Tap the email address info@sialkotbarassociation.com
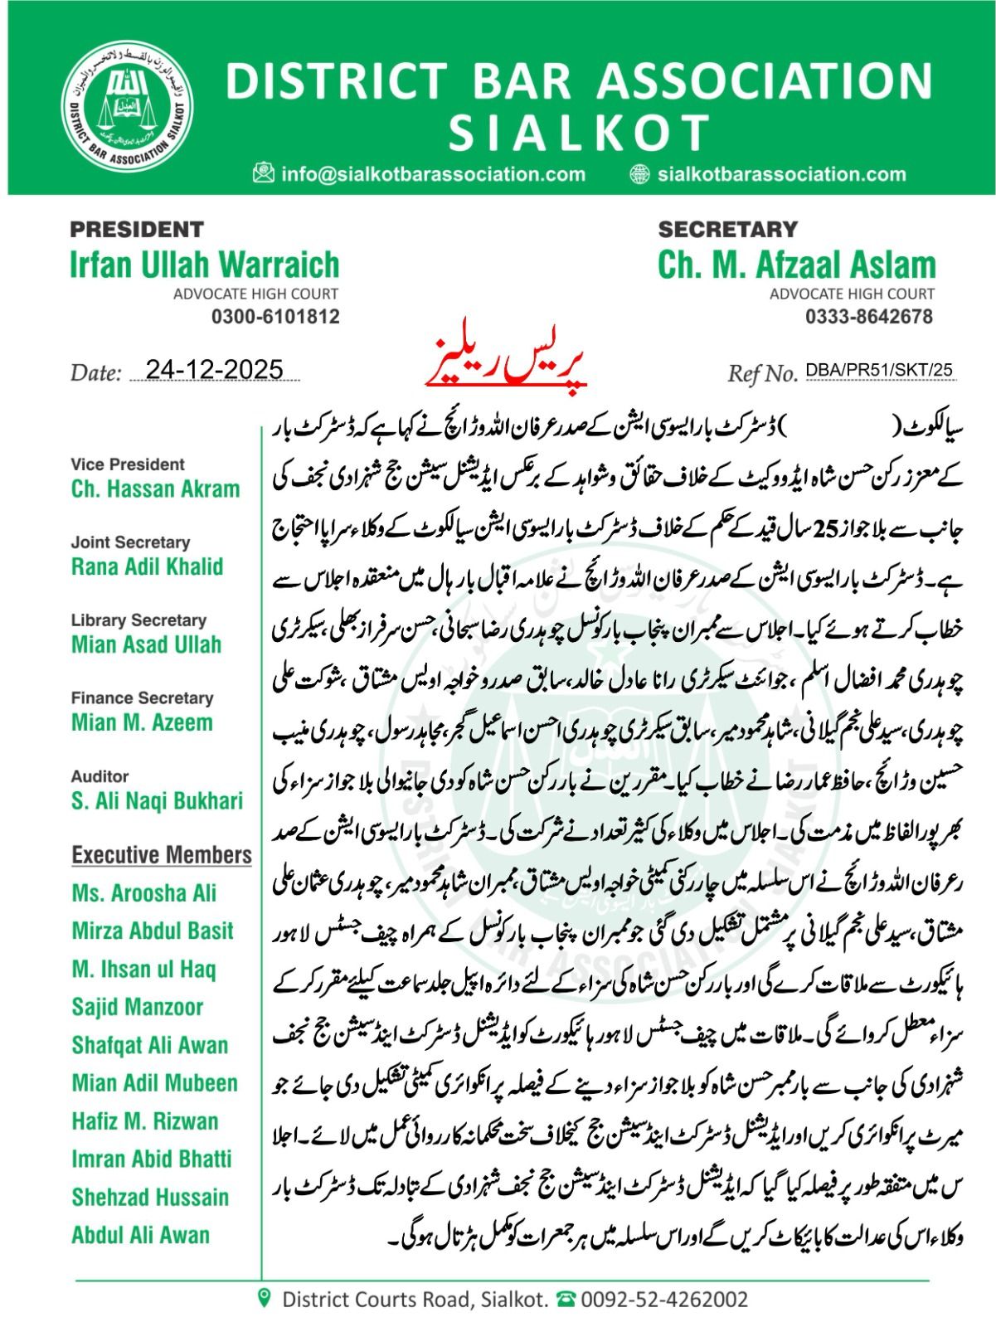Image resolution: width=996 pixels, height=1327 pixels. click(x=434, y=174)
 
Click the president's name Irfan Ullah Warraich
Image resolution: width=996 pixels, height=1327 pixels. click(x=205, y=265)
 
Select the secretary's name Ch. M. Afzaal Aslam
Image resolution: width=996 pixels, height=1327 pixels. click(x=796, y=265)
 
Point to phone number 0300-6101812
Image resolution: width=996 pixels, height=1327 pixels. click(x=275, y=317)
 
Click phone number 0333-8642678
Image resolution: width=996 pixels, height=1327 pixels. click(x=869, y=317)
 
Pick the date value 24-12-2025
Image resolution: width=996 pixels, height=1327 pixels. click(x=214, y=370)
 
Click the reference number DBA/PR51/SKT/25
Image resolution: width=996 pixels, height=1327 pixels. click(x=879, y=371)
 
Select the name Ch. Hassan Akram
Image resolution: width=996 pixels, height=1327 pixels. click(x=155, y=489)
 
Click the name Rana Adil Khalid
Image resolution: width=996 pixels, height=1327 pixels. click(x=147, y=567)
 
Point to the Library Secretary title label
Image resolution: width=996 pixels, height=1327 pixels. click(x=138, y=620)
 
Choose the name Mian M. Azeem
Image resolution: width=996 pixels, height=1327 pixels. click(x=142, y=722)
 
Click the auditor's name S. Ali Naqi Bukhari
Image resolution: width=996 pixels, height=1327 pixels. click(x=157, y=800)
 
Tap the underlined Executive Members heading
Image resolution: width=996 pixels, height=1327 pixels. click(x=162, y=855)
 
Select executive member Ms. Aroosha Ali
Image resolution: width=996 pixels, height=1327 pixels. click(x=143, y=893)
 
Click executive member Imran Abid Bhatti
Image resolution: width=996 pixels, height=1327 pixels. click(x=151, y=1159)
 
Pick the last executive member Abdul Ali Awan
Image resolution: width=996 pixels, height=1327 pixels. click(x=140, y=1235)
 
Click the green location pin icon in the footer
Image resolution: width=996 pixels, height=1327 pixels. click(x=265, y=1297)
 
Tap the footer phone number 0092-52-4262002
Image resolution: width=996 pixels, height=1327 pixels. click(x=663, y=1299)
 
